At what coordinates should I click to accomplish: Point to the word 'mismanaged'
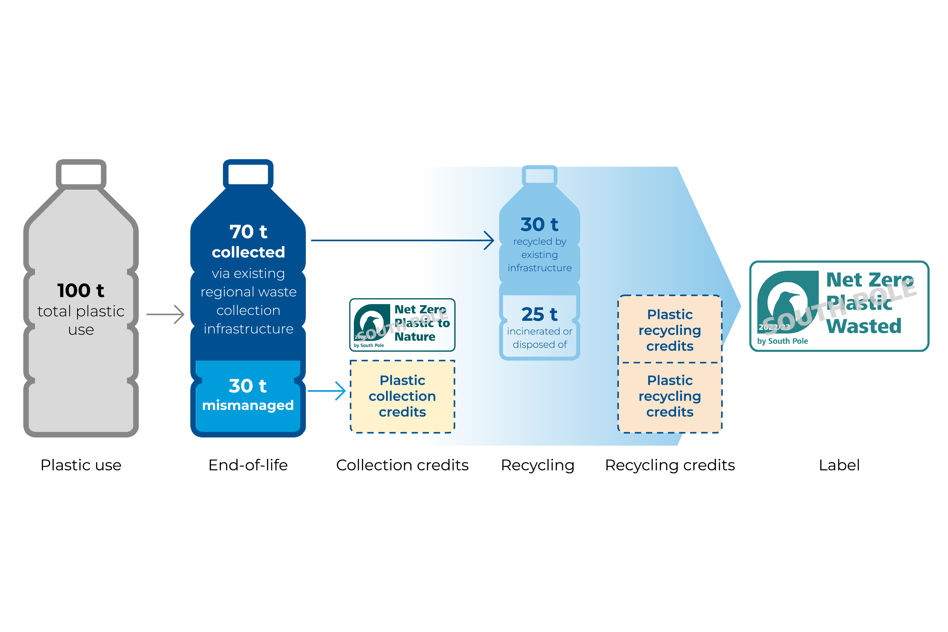248,405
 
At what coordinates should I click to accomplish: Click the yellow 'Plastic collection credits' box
402,396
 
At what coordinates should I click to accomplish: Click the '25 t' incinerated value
539,314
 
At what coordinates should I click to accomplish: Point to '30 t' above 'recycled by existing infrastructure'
539,224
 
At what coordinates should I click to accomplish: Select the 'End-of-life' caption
248,465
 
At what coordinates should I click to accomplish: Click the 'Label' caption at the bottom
839,465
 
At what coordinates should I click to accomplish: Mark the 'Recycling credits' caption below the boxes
670,465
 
